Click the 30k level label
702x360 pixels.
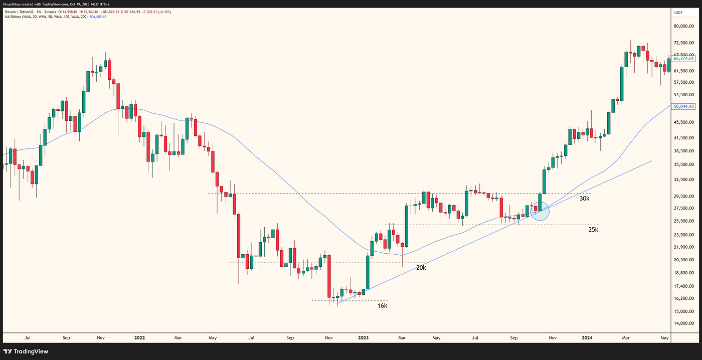[584, 199]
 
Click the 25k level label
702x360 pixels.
[593, 230]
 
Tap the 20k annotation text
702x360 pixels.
[421, 268]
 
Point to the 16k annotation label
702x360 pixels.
[382, 305]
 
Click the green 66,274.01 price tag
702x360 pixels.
[683, 59]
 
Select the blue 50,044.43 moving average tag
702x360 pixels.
[683, 106]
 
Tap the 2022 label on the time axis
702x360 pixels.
[139, 338]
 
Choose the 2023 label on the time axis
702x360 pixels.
[363, 338]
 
